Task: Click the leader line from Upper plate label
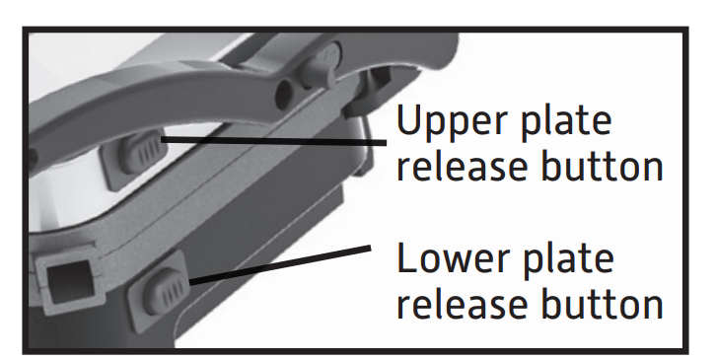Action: pyautogui.click(x=273, y=141)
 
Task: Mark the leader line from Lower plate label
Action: pyautogui.click(x=280, y=265)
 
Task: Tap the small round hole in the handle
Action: pyautogui.click(x=283, y=92)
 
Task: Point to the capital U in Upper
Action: pyautogui.click(x=410, y=118)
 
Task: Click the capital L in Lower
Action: pyautogui.click(x=407, y=257)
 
